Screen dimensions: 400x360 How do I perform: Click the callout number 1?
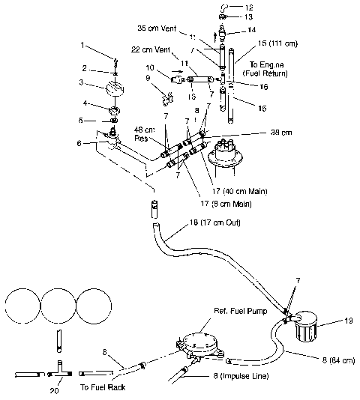pos(84,46)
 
